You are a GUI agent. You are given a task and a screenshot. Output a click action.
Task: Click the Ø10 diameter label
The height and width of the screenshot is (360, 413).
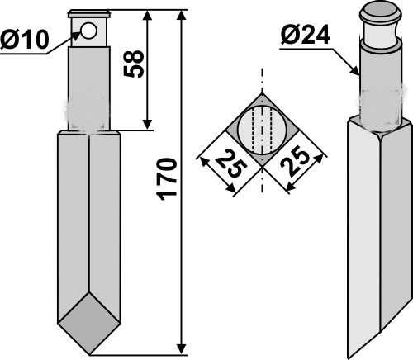click(x=25, y=40)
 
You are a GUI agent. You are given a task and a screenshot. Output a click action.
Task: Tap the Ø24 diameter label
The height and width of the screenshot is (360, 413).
click(x=306, y=35)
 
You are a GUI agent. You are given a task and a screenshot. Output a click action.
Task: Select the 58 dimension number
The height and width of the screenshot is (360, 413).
click(x=134, y=64)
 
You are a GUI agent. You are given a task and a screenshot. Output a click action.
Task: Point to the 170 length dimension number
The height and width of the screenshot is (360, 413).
click(x=166, y=179)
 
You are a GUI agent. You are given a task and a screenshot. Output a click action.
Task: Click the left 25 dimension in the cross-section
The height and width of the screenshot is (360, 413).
click(x=230, y=164)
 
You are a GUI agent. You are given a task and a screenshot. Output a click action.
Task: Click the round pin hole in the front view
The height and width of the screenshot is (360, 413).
click(x=89, y=31)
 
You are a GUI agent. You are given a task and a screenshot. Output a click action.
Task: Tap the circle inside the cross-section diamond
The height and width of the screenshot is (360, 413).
click(x=262, y=130)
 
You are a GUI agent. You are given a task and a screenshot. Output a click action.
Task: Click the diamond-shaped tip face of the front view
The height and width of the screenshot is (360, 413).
click(x=89, y=324)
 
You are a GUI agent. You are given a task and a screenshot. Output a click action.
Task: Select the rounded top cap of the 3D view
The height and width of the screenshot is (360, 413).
click(x=380, y=13)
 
